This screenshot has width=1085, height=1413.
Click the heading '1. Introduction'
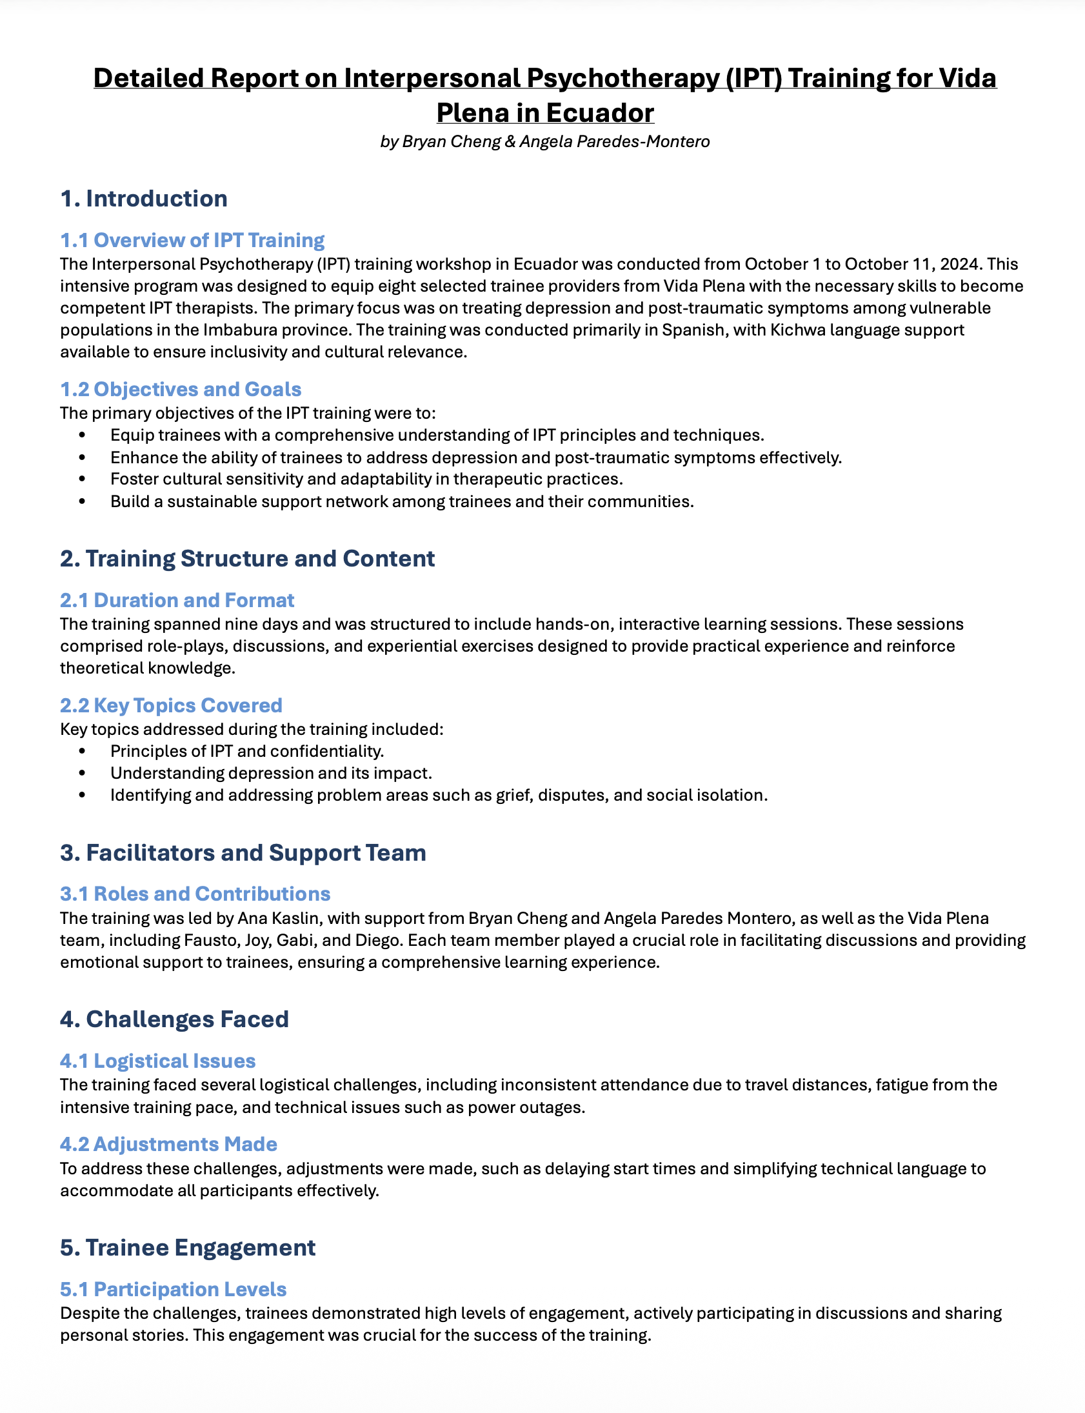coord(143,198)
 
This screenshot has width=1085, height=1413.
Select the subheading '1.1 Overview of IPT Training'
coord(192,240)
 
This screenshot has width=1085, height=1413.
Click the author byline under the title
coord(544,141)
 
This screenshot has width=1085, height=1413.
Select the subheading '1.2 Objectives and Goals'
coord(180,390)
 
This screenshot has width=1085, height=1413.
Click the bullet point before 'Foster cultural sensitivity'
coord(82,479)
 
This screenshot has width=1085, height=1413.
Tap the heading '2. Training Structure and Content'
coord(247,559)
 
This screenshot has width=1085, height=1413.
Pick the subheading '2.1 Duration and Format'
coord(177,601)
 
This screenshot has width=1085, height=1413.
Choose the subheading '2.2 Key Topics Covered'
coord(171,705)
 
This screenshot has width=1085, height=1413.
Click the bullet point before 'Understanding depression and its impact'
coord(82,773)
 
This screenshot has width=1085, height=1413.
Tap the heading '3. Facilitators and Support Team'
coord(243,852)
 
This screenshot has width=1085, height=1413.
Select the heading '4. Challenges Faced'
coord(174,1019)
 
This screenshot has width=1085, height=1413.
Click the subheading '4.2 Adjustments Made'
coord(168,1145)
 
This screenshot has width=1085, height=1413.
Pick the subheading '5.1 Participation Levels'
coord(173,1289)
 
